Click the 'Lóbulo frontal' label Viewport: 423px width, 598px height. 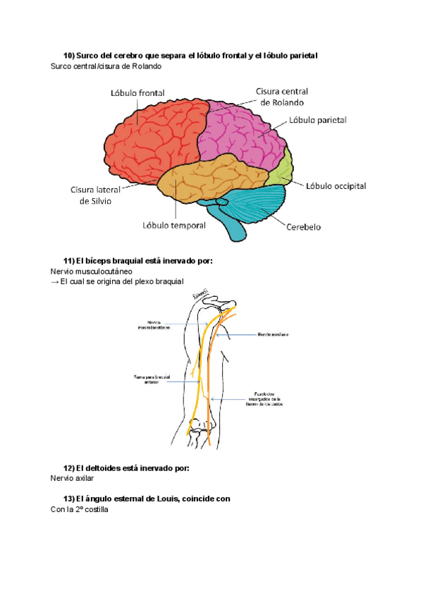click(x=137, y=93)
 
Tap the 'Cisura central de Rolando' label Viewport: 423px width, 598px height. click(x=282, y=96)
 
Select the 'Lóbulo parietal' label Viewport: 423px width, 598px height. click(x=318, y=121)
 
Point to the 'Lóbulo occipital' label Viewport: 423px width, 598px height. click(x=336, y=186)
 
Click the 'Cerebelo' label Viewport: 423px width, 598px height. click(x=304, y=227)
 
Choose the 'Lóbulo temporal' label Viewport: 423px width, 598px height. click(x=174, y=226)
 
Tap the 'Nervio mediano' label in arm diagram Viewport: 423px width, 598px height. click(x=273, y=334)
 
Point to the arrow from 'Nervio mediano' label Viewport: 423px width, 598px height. click(x=236, y=334)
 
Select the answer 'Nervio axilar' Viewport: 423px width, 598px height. click(x=72, y=478)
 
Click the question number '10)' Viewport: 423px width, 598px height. click(x=69, y=55)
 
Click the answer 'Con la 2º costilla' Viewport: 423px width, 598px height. click(x=80, y=509)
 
